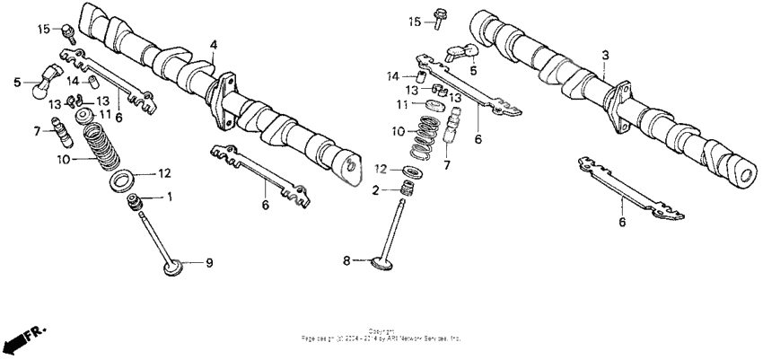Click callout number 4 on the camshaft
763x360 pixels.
pyautogui.click(x=214, y=44)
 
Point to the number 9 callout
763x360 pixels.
pyautogui.click(x=209, y=263)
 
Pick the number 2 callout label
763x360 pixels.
pyautogui.click(x=378, y=189)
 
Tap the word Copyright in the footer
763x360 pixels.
pyautogui.click(x=381, y=332)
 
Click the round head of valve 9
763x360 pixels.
pyautogui.click(x=172, y=265)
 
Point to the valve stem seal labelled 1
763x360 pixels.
pyautogui.click(x=138, y=203)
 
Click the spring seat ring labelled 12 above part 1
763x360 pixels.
pyautogui.click(x=123, y=179)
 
